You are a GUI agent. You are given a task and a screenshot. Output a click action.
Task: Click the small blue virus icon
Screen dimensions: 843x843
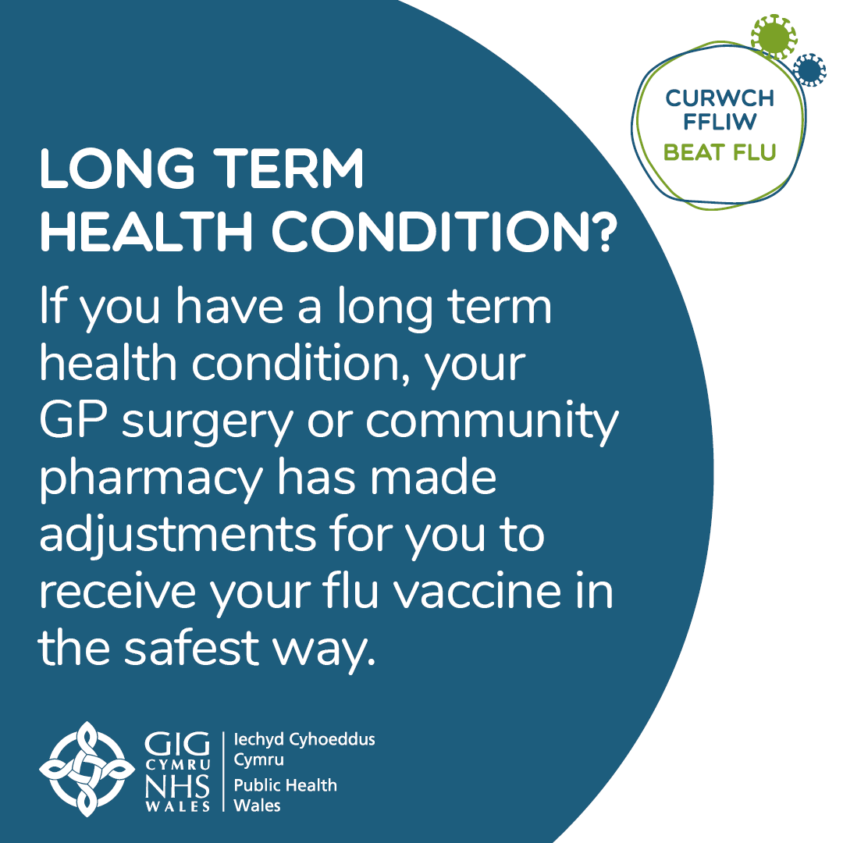click(x=809, y=71)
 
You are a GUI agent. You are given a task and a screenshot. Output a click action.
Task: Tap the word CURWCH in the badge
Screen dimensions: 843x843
click(x=719, y=99)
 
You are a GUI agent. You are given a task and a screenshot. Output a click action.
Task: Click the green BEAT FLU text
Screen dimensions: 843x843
click(x=719, y=151)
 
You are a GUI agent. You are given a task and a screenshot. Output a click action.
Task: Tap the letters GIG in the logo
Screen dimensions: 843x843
click(x=178, y=743)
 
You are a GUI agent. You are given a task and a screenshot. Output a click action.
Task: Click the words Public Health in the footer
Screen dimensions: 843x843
click(x=286, y=785)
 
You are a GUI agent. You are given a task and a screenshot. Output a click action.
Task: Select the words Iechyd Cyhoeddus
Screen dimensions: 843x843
click(x=305, y=738)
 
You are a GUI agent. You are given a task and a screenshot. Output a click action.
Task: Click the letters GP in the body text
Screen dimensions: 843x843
click(x=66, y=421)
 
